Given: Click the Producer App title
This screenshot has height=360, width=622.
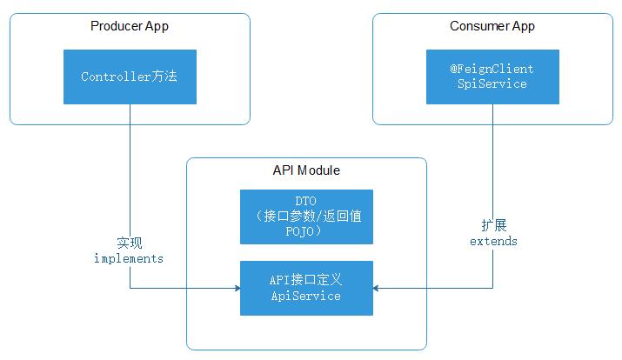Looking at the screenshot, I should (x=130, y=26).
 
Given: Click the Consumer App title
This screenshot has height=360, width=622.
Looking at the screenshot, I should (x=492, y=26).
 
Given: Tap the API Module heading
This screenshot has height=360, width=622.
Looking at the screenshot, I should (x=306, y=170).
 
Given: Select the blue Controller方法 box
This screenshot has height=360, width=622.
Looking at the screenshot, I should (x=130, y=77).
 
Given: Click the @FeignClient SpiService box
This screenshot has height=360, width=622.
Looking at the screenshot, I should (x=492, y=77).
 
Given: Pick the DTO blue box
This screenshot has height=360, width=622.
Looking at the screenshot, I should (x=306, y=217).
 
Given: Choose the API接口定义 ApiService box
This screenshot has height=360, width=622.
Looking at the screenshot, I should (x=306, y=288).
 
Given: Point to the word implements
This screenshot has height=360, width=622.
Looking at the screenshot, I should (x=129, y=259).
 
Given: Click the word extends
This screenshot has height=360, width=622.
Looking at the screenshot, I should (x=493, y=241).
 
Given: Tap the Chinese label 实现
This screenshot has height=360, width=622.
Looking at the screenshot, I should (x=129, y=243).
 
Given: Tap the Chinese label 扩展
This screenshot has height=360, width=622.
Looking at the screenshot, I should (x=493, y=225).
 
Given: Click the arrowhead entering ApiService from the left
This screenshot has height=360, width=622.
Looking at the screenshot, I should (x=235, y=288).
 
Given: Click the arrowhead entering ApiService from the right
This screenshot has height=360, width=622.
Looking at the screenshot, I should (x=378, y=288).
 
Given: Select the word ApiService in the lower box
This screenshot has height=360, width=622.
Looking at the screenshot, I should (x=306, y=297).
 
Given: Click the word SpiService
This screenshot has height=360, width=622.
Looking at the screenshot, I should (x=492, y=84).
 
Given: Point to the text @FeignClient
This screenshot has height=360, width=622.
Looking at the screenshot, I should (x=492, y=69).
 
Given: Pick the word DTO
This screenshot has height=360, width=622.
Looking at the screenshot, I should (x=306, y=201).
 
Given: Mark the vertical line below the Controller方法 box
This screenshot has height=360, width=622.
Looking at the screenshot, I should (x=130, y=174).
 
